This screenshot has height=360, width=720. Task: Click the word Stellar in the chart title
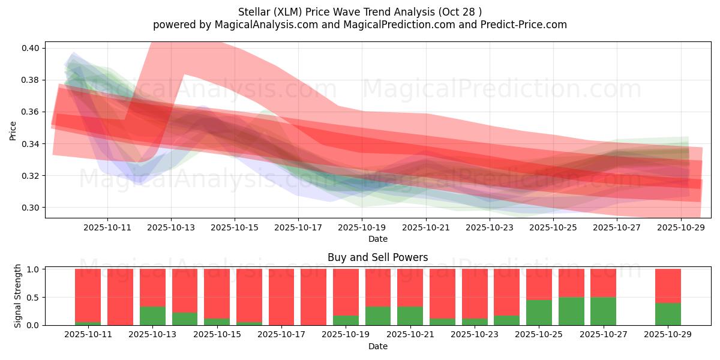coord(253,11)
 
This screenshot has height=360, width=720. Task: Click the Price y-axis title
coord(13,131)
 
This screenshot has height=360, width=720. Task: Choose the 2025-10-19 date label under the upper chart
coord(362,227)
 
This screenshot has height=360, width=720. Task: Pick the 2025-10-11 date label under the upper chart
coord(107,227)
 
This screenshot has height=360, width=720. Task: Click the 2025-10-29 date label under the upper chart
coord(680,227)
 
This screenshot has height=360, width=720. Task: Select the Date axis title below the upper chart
coord(378,239)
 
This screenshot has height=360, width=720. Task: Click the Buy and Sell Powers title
coord(378,257)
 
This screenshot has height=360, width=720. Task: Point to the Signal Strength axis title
coord(18,296)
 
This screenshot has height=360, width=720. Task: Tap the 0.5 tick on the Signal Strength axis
coord(34,298)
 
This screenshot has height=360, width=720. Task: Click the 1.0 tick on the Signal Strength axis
coord(34,269)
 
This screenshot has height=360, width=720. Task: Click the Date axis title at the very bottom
coord(378,346)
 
